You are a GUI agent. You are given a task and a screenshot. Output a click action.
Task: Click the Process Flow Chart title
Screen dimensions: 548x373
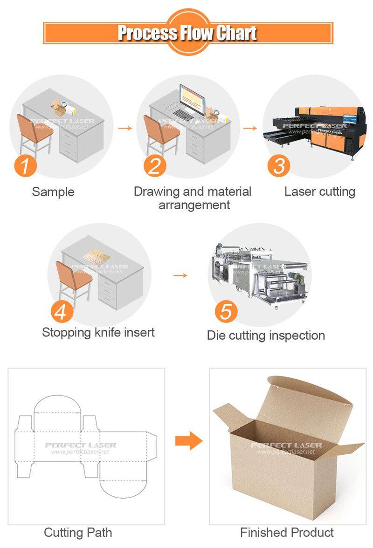click(x=187, y=33)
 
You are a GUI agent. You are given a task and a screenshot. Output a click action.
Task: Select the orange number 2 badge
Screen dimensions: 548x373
click(x=154, y=165)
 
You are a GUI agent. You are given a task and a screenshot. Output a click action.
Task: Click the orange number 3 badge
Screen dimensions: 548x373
click(x=279, y=165)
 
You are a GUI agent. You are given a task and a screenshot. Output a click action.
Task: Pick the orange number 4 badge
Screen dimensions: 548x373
click(x=61, y=311)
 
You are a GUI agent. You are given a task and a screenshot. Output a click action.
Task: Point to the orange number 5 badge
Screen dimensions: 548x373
click(x=226, y=311)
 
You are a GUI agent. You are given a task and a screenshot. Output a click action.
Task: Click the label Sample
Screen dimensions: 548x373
click(x=53, y=192)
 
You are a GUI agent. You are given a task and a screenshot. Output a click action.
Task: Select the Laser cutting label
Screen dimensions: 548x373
click(x=320, y=192)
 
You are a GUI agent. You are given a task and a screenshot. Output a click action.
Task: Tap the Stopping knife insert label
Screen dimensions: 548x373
click(x=98, y=332)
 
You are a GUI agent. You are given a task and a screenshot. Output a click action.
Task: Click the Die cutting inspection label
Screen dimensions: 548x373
click(x=266, y=335)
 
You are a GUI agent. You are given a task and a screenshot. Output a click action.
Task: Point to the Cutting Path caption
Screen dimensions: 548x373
click(x=78, y=532)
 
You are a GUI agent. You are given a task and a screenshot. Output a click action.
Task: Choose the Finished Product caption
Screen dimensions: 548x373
click(x=287, y=532)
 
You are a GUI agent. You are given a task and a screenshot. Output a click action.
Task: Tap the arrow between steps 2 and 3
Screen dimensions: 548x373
click(x=250, y=128)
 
